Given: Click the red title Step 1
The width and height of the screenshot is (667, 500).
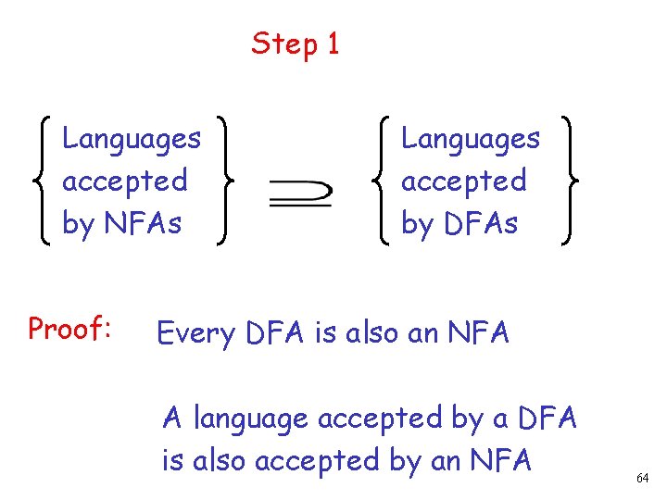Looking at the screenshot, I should [x=296, y=44].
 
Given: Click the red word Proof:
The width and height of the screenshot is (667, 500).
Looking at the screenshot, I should [x=70, y=329].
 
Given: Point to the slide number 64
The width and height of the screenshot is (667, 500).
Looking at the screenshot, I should [x=642, y=478].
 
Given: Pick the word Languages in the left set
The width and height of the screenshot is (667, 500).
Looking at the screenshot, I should [x=131, y=139].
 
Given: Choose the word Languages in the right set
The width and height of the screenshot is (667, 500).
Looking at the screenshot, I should [x=470, y=139].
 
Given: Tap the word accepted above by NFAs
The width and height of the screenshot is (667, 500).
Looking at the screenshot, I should [x=124, y=181].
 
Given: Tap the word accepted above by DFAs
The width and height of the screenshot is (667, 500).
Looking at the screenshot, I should [x=463, y=181].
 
